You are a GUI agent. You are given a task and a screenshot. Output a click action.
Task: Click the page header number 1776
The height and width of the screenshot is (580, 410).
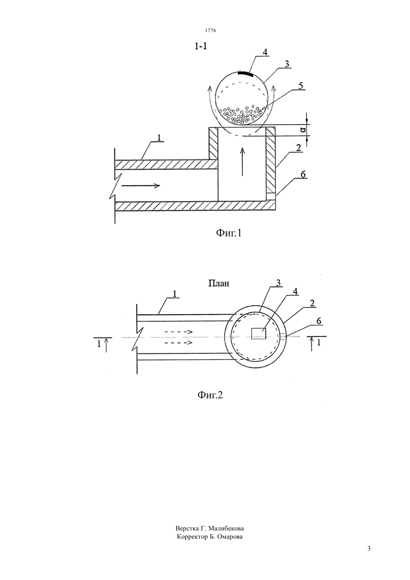tap(210, 30)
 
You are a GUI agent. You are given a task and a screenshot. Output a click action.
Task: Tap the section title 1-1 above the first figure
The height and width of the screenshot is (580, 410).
tap(201, 46)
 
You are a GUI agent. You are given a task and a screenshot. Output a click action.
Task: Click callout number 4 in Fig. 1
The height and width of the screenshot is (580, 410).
tap(265, 52)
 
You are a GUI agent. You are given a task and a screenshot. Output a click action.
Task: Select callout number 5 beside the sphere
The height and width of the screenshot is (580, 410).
tap(300, 86)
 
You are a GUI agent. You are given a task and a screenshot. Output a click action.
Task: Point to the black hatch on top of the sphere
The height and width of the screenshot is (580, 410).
tap(245, 74)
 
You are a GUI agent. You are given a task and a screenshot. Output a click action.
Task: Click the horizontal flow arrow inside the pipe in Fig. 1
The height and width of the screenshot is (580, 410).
tap(141, 185)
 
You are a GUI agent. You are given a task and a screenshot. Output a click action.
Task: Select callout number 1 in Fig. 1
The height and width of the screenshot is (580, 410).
tap(159, 138)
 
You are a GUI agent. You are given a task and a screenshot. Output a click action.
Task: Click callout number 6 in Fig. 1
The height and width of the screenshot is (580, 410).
tap(303, 174)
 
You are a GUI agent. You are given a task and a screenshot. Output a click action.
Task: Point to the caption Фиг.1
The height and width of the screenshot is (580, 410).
tap(228, 233)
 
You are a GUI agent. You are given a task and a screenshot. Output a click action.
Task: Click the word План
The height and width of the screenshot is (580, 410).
tap(219, 284)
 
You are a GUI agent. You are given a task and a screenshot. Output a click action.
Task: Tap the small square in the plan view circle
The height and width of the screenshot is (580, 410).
tap(259, 333)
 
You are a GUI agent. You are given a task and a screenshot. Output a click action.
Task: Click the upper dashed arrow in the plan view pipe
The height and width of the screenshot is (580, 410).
tap(179, 332)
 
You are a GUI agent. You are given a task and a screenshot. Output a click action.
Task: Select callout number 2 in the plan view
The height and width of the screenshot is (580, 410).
tap(312, 303)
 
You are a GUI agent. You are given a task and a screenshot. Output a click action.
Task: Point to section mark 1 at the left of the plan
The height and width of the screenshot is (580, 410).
tap(99, 344)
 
